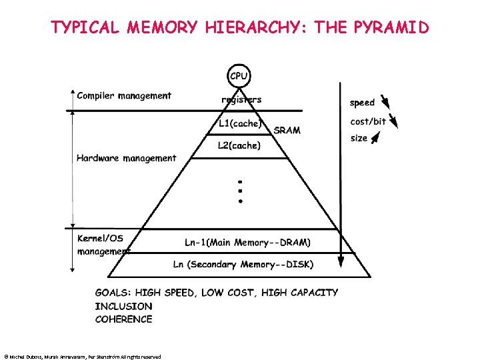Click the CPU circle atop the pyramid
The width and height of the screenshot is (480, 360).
coord(239,76)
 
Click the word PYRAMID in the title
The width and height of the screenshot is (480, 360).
coord(392,27)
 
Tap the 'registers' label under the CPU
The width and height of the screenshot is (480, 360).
coord(241,100)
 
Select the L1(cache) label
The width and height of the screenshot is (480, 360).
coord(240,123)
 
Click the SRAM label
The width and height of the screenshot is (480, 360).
coord(287,130)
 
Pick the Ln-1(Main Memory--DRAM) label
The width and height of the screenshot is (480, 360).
coord(247,241)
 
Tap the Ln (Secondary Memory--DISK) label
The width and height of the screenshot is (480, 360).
coord(243,264)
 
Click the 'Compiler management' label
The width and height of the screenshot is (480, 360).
coord(124,95)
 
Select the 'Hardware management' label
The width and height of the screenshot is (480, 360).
coord(127,158)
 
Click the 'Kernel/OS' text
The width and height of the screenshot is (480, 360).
coord(100,238)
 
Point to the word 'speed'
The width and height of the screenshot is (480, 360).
coord(362,103)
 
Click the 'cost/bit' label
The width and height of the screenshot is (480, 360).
coord(368,121)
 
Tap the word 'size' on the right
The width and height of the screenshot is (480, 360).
coord(359,139)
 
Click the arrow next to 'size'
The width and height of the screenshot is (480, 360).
coord(377,137)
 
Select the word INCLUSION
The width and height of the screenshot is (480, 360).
coord(123,306)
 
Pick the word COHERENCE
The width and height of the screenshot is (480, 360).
coord(123,319)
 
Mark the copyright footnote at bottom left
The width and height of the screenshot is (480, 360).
coord(82,357)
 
